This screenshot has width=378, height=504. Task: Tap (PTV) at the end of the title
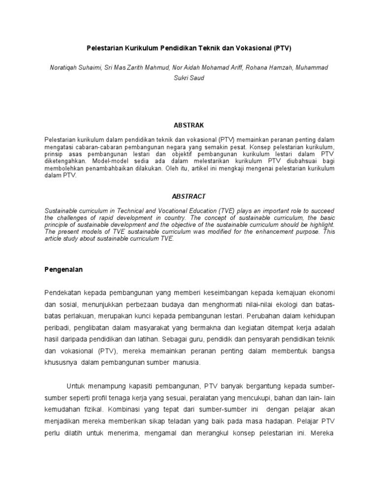[288, 49]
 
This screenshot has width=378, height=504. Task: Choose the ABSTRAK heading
[189, 125]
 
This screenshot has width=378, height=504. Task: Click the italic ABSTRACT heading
[189, 196]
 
